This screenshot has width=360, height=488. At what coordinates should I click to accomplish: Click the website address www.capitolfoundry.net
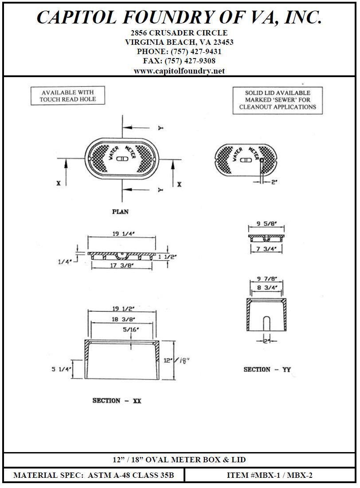(x=179, y=71)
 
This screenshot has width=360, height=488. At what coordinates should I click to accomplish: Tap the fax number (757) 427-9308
(x=179, y=61)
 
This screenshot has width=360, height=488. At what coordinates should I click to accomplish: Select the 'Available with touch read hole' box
(x=68, y=96)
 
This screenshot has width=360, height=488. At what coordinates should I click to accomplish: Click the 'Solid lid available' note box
(x=278, y=100)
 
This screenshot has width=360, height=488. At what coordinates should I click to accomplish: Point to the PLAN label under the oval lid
(x=120, y=212)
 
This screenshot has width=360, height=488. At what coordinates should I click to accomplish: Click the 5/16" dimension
(x=131, y=329)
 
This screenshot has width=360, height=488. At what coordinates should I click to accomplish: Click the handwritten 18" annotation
(x=183, y=362)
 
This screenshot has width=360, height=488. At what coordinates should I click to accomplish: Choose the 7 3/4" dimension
(x=266, y=249)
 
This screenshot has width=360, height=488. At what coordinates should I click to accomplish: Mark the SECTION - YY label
(x=267, y=369)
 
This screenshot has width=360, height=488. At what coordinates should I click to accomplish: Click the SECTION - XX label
(x=117, y=401)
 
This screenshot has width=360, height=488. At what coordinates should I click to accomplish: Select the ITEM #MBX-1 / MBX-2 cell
(x=270, y=476)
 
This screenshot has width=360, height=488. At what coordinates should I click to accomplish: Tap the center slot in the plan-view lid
(x=121, y=159)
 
